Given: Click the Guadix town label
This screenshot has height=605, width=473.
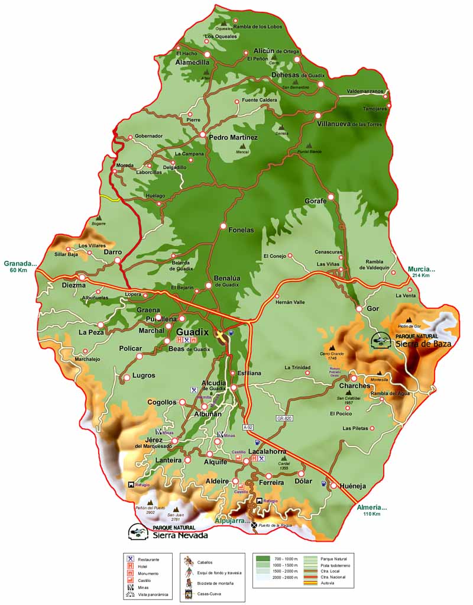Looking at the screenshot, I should [193, 332].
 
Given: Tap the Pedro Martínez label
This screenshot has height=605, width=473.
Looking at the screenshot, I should [234, 137].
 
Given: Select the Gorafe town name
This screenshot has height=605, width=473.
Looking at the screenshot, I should [316, 201].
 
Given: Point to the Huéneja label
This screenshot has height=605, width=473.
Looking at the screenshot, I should [354, 486].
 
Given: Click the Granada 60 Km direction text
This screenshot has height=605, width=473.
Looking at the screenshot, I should [20, 267].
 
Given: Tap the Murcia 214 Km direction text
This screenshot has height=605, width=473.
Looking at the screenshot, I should [422, 272].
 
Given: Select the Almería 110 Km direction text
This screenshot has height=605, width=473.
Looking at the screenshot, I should [372, 510].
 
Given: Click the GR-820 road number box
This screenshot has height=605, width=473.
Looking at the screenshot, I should [284, 418].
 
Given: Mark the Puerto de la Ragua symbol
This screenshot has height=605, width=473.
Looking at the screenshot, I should [254, 525].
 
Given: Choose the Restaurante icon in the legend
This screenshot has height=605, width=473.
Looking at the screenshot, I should [129, 559].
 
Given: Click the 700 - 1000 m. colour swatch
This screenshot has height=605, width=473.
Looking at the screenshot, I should [263, 558].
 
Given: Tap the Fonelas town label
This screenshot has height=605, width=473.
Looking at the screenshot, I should [241, 230].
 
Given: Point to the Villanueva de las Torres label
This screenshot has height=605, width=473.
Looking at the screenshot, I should [349, 124].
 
